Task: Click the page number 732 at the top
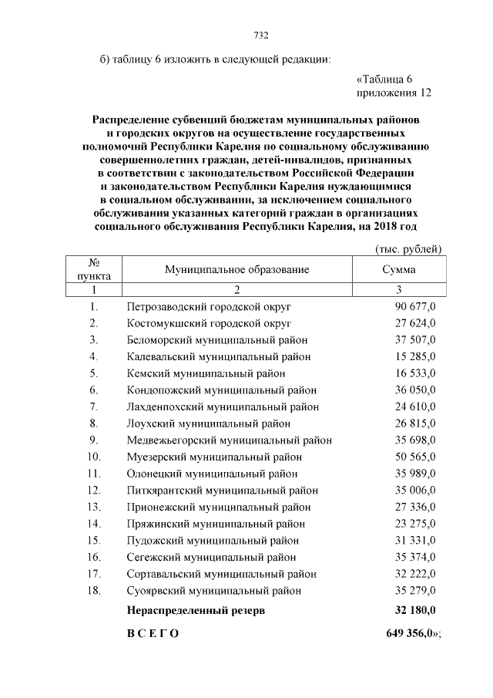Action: click(260, 35)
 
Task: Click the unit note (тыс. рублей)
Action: click(407, 248)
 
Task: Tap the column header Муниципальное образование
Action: click(236, 269)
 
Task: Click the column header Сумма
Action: click(398, 269)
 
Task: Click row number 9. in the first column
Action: click(93, 440)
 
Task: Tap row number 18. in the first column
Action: click(94, 591)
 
